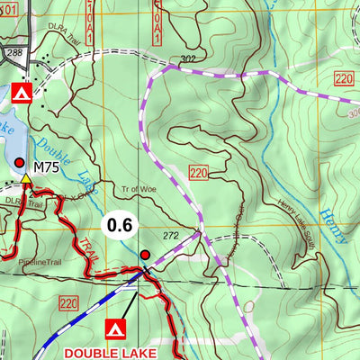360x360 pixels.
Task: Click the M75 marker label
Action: pyautogui.click(x=46, y=167)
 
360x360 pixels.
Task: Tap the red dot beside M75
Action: pyautogui.click(x=20, y=162)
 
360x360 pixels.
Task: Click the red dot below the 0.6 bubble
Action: pyautogui.click(x=146, y=256)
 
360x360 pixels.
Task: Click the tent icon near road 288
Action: pyautogui.click(x=23, y=92)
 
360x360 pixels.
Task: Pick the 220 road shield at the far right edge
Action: pyautogui.click(x=342, y=79)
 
